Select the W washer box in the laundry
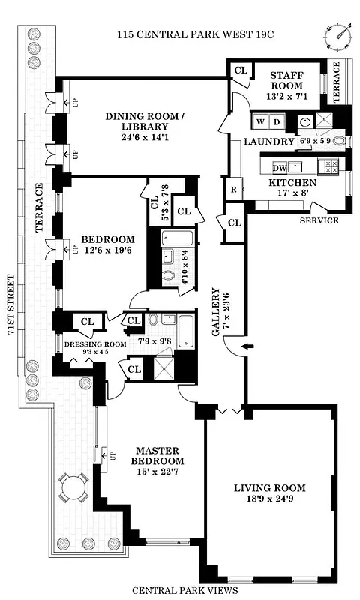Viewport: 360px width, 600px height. point(260,121)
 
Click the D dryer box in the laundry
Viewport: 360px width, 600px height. point(275,121)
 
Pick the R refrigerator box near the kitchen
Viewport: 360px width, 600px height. point(233,190)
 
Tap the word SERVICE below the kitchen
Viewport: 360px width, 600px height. point(319,220)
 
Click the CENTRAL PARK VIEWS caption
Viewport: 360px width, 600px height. point(184,590)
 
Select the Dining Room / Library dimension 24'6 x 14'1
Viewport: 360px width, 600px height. point(145,136)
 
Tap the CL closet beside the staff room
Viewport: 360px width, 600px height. point(241,70)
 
